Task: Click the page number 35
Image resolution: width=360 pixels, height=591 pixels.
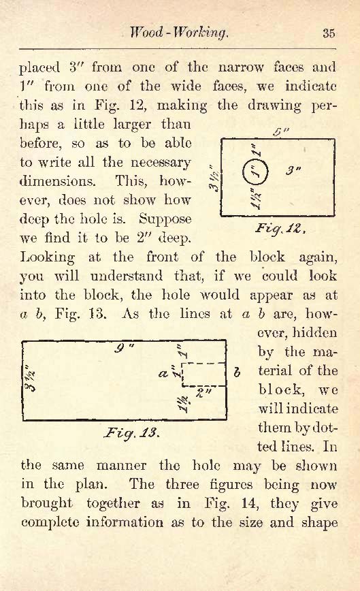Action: pyautogui.click(x=329, y=33)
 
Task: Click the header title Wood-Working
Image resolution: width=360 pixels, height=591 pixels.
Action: pyautogui.click(x=178, y=33)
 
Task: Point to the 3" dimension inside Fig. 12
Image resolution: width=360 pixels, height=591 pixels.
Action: pyautogui.click(x=293, y=170)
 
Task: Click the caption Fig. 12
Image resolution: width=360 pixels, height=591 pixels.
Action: pyautogui.click(x=280, y=228)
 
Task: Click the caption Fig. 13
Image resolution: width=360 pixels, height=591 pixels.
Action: pyautogui.click(x=131, y=432)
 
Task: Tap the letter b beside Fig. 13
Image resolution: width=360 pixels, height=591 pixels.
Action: pyautogui.click(x=237, y=372)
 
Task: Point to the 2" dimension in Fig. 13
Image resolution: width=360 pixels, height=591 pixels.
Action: pyautogui.click(x=204, y=392)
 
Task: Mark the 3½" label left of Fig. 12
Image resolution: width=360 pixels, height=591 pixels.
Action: pyautogui.click(x=215, y=178)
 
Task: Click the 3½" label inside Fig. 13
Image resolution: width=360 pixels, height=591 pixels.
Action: pyautogui.click(x=30, y=378)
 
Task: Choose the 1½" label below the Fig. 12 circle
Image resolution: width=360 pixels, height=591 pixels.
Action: pyautogui.click(x=256, y=199)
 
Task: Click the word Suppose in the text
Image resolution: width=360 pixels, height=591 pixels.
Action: pyautogui.click(x=165, y=219)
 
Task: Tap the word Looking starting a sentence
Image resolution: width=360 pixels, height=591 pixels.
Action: pyautogui.click(x=48, y=258)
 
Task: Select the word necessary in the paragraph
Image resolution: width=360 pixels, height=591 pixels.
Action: pyautogui.click(x=161, y=163)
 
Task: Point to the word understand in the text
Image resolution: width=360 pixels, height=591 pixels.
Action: pyautogui.click(x=127, y=276)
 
